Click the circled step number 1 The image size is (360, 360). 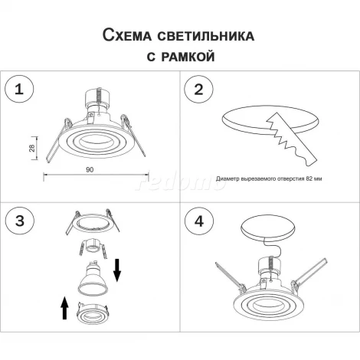(20, 90)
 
